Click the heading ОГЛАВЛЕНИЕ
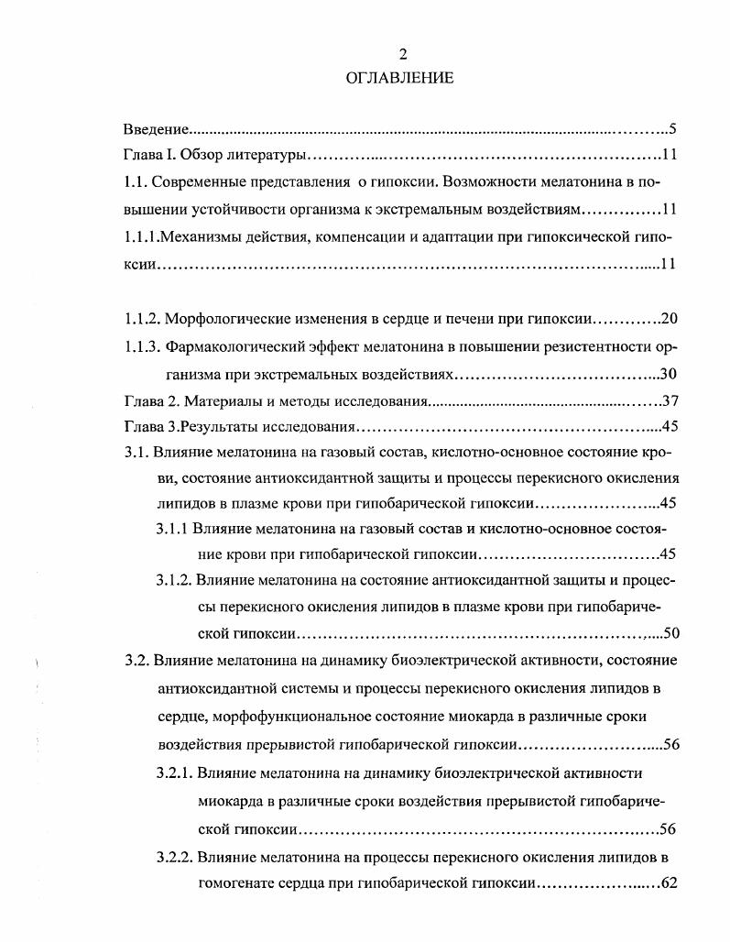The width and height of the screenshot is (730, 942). click(x=399, y=78)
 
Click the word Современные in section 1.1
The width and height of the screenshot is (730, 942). click(x=193, y=182)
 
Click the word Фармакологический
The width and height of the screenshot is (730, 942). click(x=243, y=347)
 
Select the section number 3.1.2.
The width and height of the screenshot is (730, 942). click(x=173, y=581)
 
